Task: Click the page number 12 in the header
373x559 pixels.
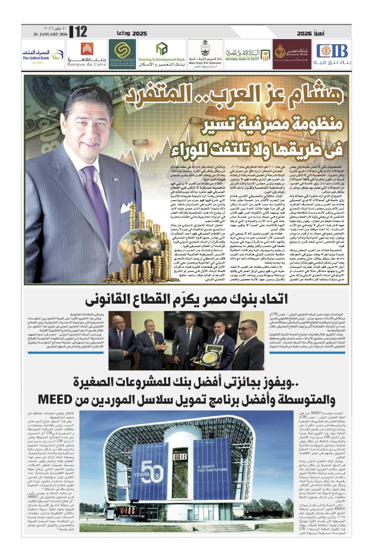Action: point(79,32)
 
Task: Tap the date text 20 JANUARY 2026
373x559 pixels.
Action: point(49,34)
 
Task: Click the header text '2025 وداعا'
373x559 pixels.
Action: point(133,32)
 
